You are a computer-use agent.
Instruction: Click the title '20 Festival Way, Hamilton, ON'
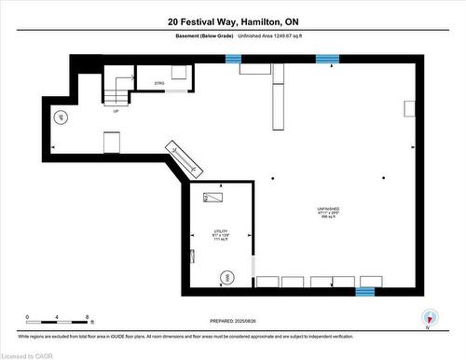tap(232, 21)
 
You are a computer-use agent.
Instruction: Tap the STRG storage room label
tap(159, 84)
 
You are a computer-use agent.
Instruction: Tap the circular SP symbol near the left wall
tap(62, 118)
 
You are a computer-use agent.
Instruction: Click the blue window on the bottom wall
tap(364, 292)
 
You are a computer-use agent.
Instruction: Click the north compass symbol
tap(429, 316)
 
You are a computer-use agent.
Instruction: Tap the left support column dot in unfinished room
tap(272, 177)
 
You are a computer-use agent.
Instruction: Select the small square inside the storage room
tap(178, 73)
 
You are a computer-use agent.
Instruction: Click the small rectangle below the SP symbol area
tap(111, 142)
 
